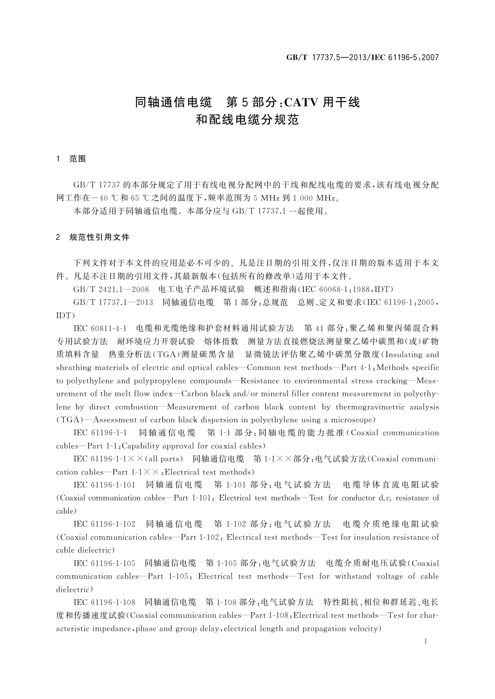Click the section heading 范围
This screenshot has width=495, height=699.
[x=78, y=159]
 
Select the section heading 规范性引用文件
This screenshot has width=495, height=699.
[x=99, y=237]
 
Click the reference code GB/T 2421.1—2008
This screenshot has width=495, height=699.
[x=111, y=289]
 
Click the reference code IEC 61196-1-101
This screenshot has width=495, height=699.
[x=104, y=485]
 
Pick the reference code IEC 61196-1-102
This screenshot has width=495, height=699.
[x=104, y=524]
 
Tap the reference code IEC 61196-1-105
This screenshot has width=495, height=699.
[x=104, y=563]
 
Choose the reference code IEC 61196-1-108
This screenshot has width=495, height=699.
[x=104, y=602]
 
